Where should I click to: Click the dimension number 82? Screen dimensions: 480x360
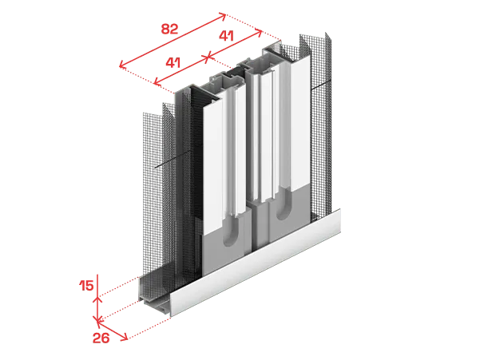(169, 29)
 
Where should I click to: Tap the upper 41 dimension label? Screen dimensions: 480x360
(226, 36)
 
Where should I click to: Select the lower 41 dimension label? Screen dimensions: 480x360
(173, 63)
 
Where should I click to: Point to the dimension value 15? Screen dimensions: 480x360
(86, 286)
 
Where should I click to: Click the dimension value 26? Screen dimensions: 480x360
(101, 338)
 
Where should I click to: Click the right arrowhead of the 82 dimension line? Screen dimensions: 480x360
(223, 16)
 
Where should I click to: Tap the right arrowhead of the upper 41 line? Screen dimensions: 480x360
(259, 33)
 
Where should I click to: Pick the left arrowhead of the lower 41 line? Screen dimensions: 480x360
(157, 81)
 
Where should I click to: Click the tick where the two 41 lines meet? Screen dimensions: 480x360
(207, 57)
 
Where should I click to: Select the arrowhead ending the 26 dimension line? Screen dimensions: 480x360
(125, 338)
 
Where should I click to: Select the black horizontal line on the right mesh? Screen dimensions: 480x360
(320, 85)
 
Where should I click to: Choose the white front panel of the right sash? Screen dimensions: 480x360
(300, 125)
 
